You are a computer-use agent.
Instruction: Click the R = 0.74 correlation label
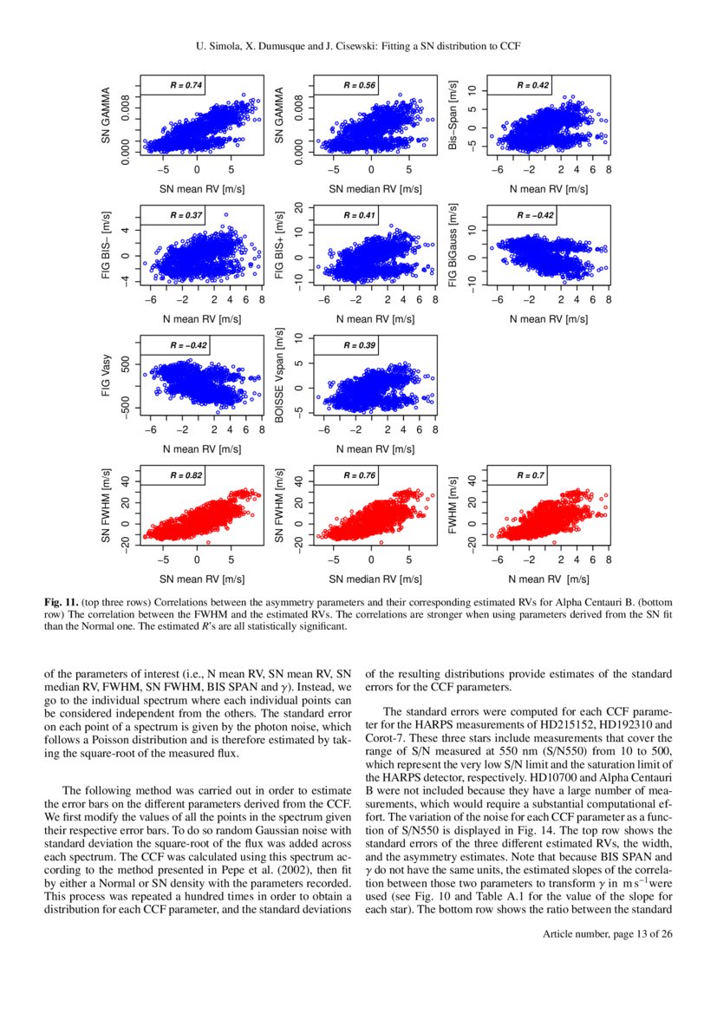coord(186,85)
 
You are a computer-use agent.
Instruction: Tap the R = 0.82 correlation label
coord(186,475)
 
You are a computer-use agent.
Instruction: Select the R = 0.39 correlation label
coord(360,345)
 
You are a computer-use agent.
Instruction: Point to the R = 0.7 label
coord(531,475)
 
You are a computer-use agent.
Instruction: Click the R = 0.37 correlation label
coord(186,215)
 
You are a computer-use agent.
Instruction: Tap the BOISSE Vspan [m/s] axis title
coord(279,376)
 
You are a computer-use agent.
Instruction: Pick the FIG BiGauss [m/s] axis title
coord(453,246)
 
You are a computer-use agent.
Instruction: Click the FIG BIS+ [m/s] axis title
coord(279,246)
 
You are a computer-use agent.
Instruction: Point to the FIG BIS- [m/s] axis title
coord(106,246)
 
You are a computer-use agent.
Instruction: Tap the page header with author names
coord(358,43)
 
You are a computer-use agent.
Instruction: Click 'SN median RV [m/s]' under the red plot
coord(375,578)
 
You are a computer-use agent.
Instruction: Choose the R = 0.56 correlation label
coord(360,85)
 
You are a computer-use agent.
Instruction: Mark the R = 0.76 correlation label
coord(360,475)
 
